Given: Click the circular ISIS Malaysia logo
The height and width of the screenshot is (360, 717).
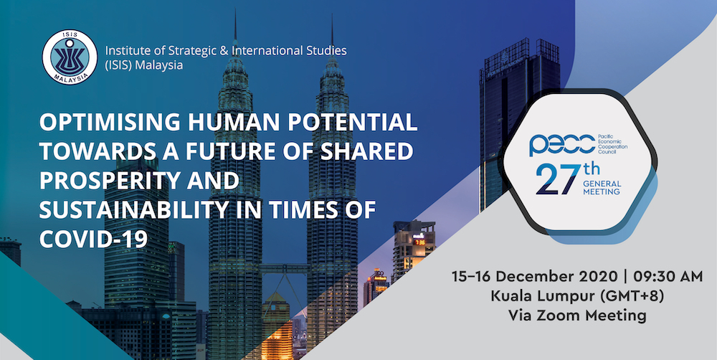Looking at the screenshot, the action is [70, 57].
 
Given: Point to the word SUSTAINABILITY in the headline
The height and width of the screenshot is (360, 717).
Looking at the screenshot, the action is [133, 210].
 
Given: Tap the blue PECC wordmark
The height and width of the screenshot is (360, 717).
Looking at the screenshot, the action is [562, 145].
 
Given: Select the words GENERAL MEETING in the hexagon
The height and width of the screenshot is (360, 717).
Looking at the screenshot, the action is [602, 188].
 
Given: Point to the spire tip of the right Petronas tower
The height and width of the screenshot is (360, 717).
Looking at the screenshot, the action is [333, 15].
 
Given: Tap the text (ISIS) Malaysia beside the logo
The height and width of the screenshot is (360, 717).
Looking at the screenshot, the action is [144, 65].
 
